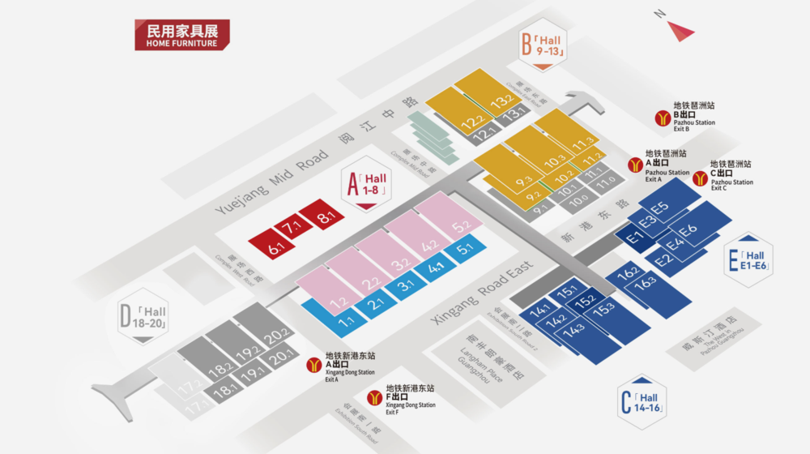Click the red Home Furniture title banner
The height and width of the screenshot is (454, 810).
(x=182, y=35)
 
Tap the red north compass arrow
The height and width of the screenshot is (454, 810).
(x=680, y=30)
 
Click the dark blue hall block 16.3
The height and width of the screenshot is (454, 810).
(x=646, y=284)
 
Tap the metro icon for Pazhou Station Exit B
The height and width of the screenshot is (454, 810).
(x=662, y=118)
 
